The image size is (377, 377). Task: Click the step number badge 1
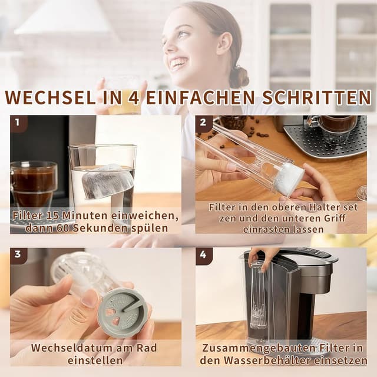18,124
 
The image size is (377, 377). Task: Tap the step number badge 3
18,255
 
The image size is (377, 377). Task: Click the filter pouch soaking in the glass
106,181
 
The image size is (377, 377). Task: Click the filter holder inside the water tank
257,300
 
